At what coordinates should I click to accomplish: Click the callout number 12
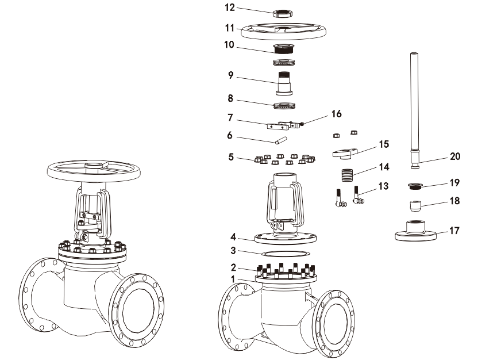[x=230, y=8]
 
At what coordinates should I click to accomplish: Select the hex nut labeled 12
[x=283, y=13]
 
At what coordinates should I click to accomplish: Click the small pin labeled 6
[x=279, y=140]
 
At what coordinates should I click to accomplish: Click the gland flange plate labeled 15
[x=345, y=153]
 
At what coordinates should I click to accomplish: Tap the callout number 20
[x=455, y=156]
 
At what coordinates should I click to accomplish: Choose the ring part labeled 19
[x=415, y=186]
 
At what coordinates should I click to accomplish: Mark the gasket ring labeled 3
[x=285, y=253]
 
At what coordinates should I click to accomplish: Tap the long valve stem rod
[x=414, y=104]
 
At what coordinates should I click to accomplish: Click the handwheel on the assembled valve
[x=94, y=170]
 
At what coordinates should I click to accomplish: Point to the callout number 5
[x=230, y=156]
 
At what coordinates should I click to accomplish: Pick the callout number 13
[x=383, y=186]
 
